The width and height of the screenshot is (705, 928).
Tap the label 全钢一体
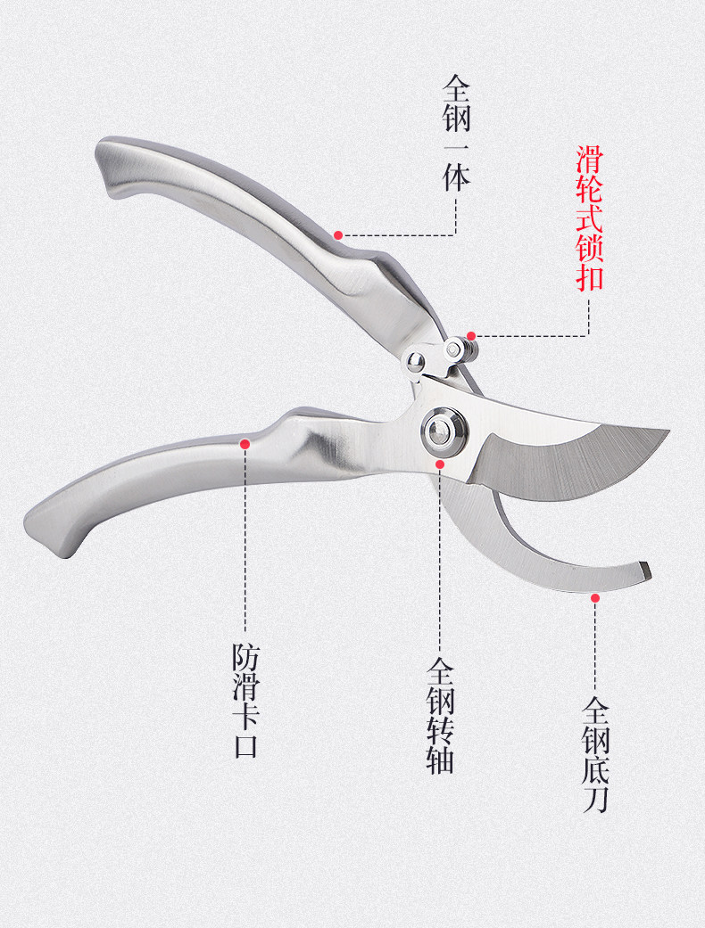[457, 134]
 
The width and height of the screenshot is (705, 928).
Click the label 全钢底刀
[595, 754]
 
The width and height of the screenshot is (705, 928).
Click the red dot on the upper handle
[338, 235]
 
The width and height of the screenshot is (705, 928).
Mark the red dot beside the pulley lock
[472, 336]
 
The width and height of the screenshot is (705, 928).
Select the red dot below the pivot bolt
[440, 464]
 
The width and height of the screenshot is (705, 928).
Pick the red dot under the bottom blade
[595, 598]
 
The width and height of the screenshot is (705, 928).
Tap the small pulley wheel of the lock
[458, 349]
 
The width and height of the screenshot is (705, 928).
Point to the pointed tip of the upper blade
[666, 433]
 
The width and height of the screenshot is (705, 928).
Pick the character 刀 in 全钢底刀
[595, 799]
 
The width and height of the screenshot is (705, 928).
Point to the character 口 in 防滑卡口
[245, 744]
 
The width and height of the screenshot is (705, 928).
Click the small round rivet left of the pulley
[414, 361]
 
